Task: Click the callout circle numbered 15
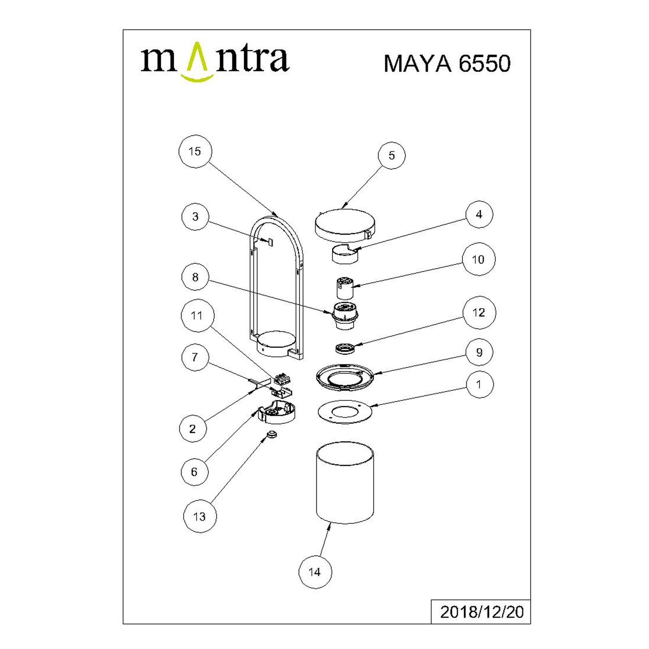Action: (x=195, y=151)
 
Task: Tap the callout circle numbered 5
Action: (x=391, y=155)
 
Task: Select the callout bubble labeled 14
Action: (x=315, y=572)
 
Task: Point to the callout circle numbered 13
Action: (x=200, y=516)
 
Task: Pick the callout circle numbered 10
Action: (x=478, y=259)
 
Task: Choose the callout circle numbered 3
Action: (x=195, y=217)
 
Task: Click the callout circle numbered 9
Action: (x=479, y=352)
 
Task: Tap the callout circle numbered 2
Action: (x=193, y=429)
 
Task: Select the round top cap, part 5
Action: (x=345, y=225)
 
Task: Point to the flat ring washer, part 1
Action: (x=344, y=412)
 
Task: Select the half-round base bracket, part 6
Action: (x=277, y=412)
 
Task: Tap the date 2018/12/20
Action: (x=482, y=621)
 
